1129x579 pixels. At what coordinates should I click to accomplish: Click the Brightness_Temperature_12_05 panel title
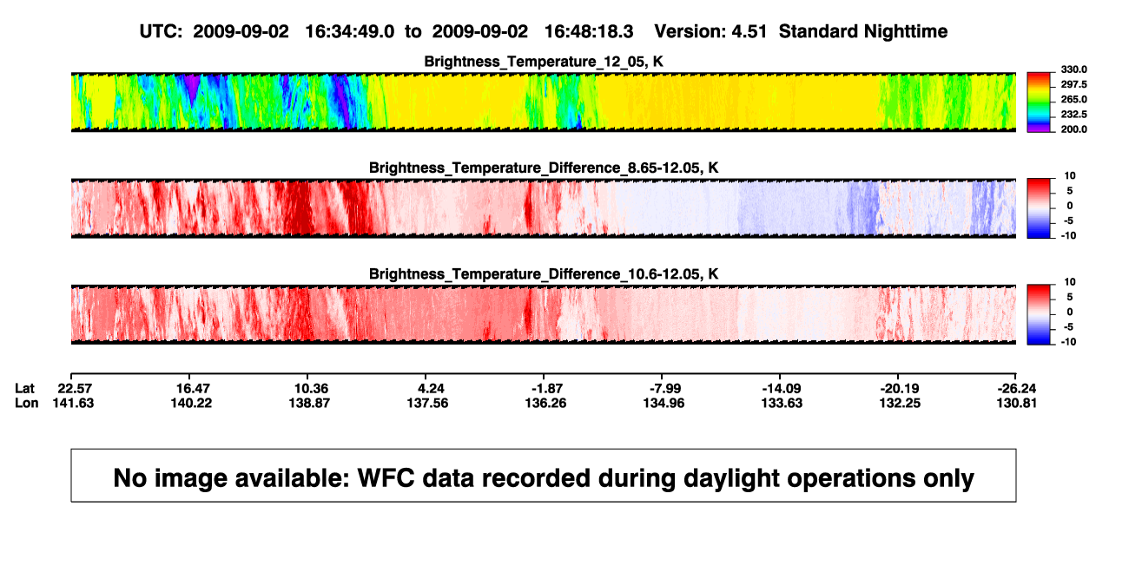(x=544, y=62)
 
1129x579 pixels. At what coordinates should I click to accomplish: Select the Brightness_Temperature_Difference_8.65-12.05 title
(x=544, y=168)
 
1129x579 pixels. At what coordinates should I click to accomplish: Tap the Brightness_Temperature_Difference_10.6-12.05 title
(x=544, y=274)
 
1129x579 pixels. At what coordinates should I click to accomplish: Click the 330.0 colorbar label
(x=1073, y=69)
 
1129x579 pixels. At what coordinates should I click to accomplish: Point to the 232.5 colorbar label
(x=1073, y=115)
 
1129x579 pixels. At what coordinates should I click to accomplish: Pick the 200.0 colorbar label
(x=1073, y=129)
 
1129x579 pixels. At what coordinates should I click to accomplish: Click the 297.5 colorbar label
(x=1073, y=85)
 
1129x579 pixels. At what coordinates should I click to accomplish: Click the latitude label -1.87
(x=546, y=389)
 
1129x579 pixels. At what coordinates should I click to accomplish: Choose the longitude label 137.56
(x=427, y=403)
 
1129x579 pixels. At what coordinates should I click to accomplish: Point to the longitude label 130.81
(x=1017, y=403)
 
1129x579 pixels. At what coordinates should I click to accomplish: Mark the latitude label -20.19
(x=900, y=389)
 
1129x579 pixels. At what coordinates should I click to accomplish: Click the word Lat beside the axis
(x=24, y=389)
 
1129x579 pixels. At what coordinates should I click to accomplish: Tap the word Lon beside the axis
(x=26, y=403)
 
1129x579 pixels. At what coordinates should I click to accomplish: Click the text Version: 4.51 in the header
(x=710, y=32)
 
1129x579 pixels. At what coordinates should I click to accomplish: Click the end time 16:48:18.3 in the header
(x=589, y=32)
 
